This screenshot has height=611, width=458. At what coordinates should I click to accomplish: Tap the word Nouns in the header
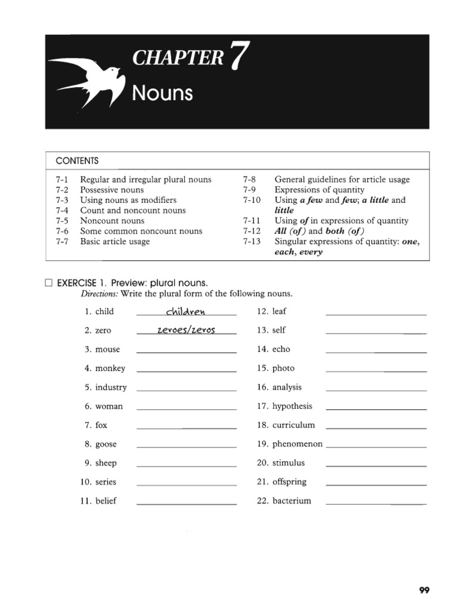pos(162,93)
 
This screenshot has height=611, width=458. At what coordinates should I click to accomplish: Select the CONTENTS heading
pos(77,161)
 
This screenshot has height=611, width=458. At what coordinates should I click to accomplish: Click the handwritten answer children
pos(185,311)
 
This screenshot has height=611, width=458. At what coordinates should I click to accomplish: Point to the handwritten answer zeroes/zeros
pos(185,331)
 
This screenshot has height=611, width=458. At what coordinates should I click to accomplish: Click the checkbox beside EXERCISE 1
pos(49,283)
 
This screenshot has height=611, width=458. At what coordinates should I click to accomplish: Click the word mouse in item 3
pos(107,350)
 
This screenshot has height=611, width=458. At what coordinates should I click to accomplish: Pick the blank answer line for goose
pos(187,448)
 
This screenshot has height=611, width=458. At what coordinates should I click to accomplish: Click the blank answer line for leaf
pos(376,314)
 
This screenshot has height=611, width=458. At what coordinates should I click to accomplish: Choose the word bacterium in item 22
pos(292,501)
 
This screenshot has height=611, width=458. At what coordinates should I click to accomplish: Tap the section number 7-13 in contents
pos(252,241)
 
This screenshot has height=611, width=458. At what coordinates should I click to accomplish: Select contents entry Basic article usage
pos(115,242)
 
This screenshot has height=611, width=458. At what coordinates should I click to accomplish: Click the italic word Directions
pos(99,294)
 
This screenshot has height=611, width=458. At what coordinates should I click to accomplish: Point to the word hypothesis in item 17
pos(292,406)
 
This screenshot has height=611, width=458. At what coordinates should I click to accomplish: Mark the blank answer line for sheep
pos(187,467)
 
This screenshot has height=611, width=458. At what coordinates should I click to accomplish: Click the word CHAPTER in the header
pos(177,58)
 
